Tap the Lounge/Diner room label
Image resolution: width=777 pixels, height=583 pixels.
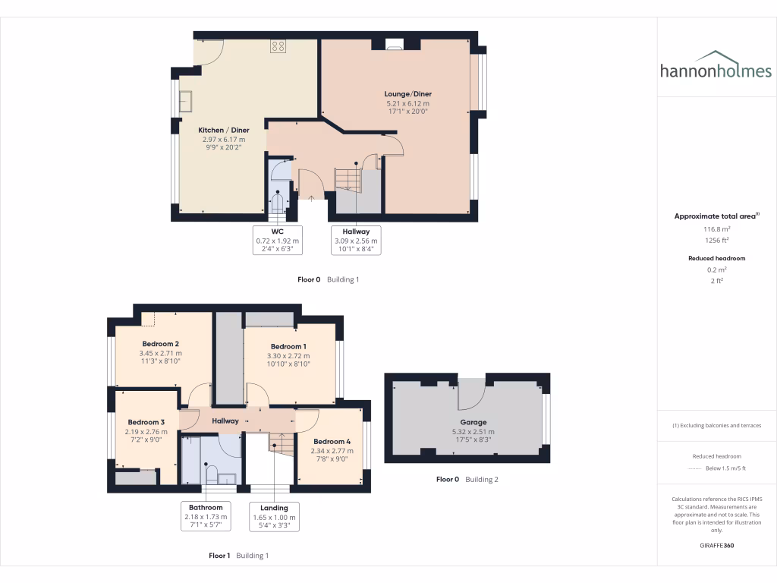coord(407,94)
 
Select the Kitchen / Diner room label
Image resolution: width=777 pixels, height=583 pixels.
coord(224,130)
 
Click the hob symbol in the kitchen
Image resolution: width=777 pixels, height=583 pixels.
coord(278,46)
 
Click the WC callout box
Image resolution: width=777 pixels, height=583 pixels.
coord(278,239)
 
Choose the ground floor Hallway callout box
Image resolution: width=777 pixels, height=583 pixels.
coord(356,239)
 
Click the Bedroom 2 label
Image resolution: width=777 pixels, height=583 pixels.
coord(160,344)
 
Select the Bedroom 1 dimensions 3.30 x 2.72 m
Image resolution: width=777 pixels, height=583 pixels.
coord(289,355)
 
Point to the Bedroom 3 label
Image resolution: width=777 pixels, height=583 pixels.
coord(146,422)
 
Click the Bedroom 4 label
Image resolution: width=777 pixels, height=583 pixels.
coord(332,442)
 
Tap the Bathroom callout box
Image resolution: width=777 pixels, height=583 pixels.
coord(206,516)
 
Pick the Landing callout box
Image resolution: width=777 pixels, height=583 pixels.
coord(274,516)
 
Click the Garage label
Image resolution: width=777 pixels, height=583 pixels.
coord(473,422)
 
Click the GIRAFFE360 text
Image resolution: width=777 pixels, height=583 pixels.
coord(717,545)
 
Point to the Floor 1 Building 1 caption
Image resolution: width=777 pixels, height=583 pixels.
coord(238,556)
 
